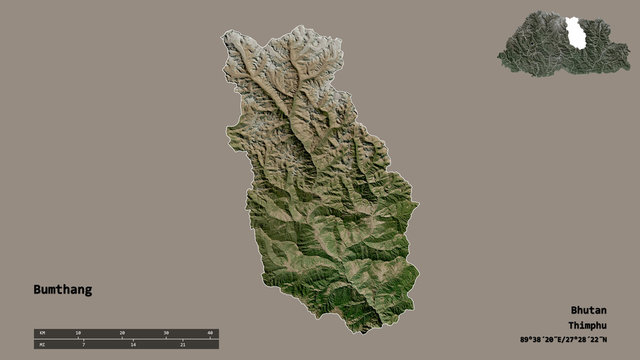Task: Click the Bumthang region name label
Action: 61,290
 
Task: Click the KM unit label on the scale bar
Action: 41,331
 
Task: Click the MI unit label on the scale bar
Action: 41,344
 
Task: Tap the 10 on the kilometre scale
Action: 78,331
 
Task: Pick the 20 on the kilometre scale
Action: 122,331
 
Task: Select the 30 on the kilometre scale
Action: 167,331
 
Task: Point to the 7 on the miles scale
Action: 78,344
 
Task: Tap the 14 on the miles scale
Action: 132,344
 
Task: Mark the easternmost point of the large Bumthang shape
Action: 418,209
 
